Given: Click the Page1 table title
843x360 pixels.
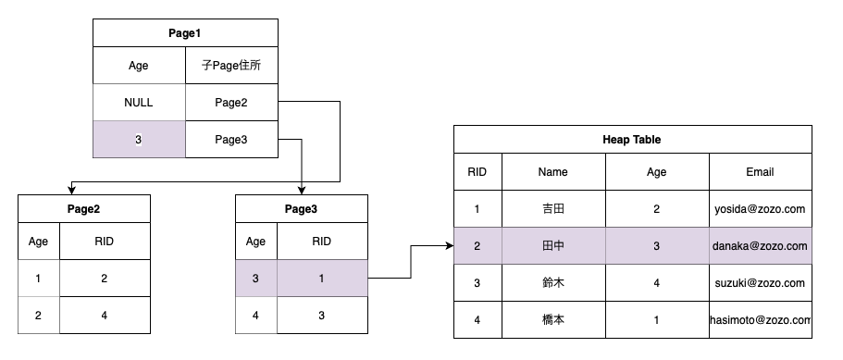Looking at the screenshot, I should pos(184,33).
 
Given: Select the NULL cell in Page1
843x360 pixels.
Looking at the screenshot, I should pos(138,103).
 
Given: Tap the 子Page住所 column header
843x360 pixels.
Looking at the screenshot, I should pos(230,66).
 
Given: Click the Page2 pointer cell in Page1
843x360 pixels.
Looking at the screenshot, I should pos(230,103).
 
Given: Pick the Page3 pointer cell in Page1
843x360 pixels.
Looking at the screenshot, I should pos(230,140).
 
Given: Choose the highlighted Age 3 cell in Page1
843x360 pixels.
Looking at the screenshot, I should pos(138,140).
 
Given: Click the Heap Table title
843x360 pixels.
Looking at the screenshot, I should pos(632,140).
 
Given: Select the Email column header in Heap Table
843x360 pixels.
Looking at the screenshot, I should pos(760,172).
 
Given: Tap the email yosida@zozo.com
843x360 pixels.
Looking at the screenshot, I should pos(760,209).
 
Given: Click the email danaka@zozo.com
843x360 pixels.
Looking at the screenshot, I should pos(760,246).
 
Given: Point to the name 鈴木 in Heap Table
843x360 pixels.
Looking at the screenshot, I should pos(552,283).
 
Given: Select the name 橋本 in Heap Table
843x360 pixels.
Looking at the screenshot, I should pos(552,320).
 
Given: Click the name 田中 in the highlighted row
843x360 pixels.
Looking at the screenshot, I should pos(552,246).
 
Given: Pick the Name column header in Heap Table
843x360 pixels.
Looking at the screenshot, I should pos(552,172).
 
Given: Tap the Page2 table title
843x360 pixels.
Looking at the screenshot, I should pos(83,209).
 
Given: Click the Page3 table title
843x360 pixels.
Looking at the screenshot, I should pos(301,209).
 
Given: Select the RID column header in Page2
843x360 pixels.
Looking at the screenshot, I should pos(104,242).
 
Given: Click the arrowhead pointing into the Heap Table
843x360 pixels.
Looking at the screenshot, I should pos(448,246).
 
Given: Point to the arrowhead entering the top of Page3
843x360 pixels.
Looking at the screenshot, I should pos(303,189).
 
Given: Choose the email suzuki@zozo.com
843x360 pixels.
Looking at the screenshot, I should pos(760,283).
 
